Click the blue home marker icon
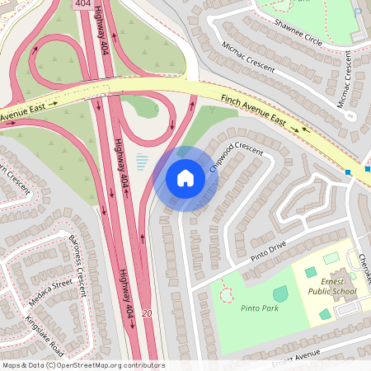pyautogui.click(x=185, y=178)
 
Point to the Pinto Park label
pyautogui.click(x=260, y=308)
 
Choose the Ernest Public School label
pyautogui.click(x=332, y=285)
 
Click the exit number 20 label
pyautogui.click(x=147, y=313)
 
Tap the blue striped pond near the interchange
pyautogui.click(x=142, y=161)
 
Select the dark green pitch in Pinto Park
pyautogui.click(x=280, y=294)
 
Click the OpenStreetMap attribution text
pyautogui.click(x=82, y=365)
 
